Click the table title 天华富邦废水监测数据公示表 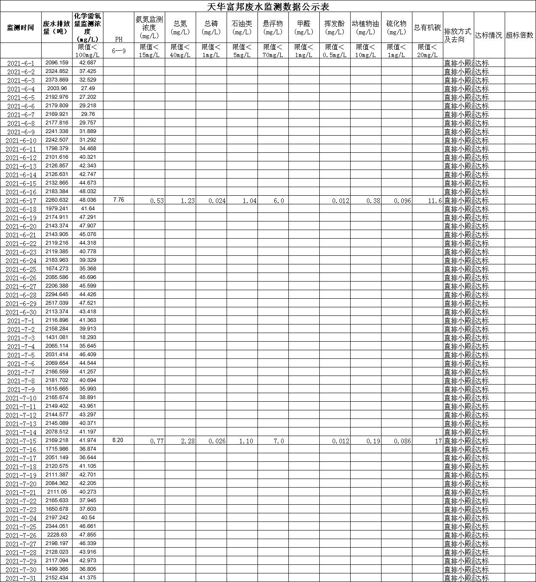268,6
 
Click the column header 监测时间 21,28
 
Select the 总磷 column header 211,28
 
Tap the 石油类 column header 242,28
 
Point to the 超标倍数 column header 520,35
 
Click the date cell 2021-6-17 21,200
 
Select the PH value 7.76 118,200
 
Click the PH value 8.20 118,440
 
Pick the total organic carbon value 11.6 435,200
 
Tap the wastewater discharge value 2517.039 57,303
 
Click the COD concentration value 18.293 88,337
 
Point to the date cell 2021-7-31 21,578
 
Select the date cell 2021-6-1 21,63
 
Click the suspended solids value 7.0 279,441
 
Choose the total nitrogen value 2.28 188,441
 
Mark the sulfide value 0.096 402,200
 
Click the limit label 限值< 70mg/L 273,51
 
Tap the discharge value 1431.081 57,337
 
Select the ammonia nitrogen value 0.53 157,200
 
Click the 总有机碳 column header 427,28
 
